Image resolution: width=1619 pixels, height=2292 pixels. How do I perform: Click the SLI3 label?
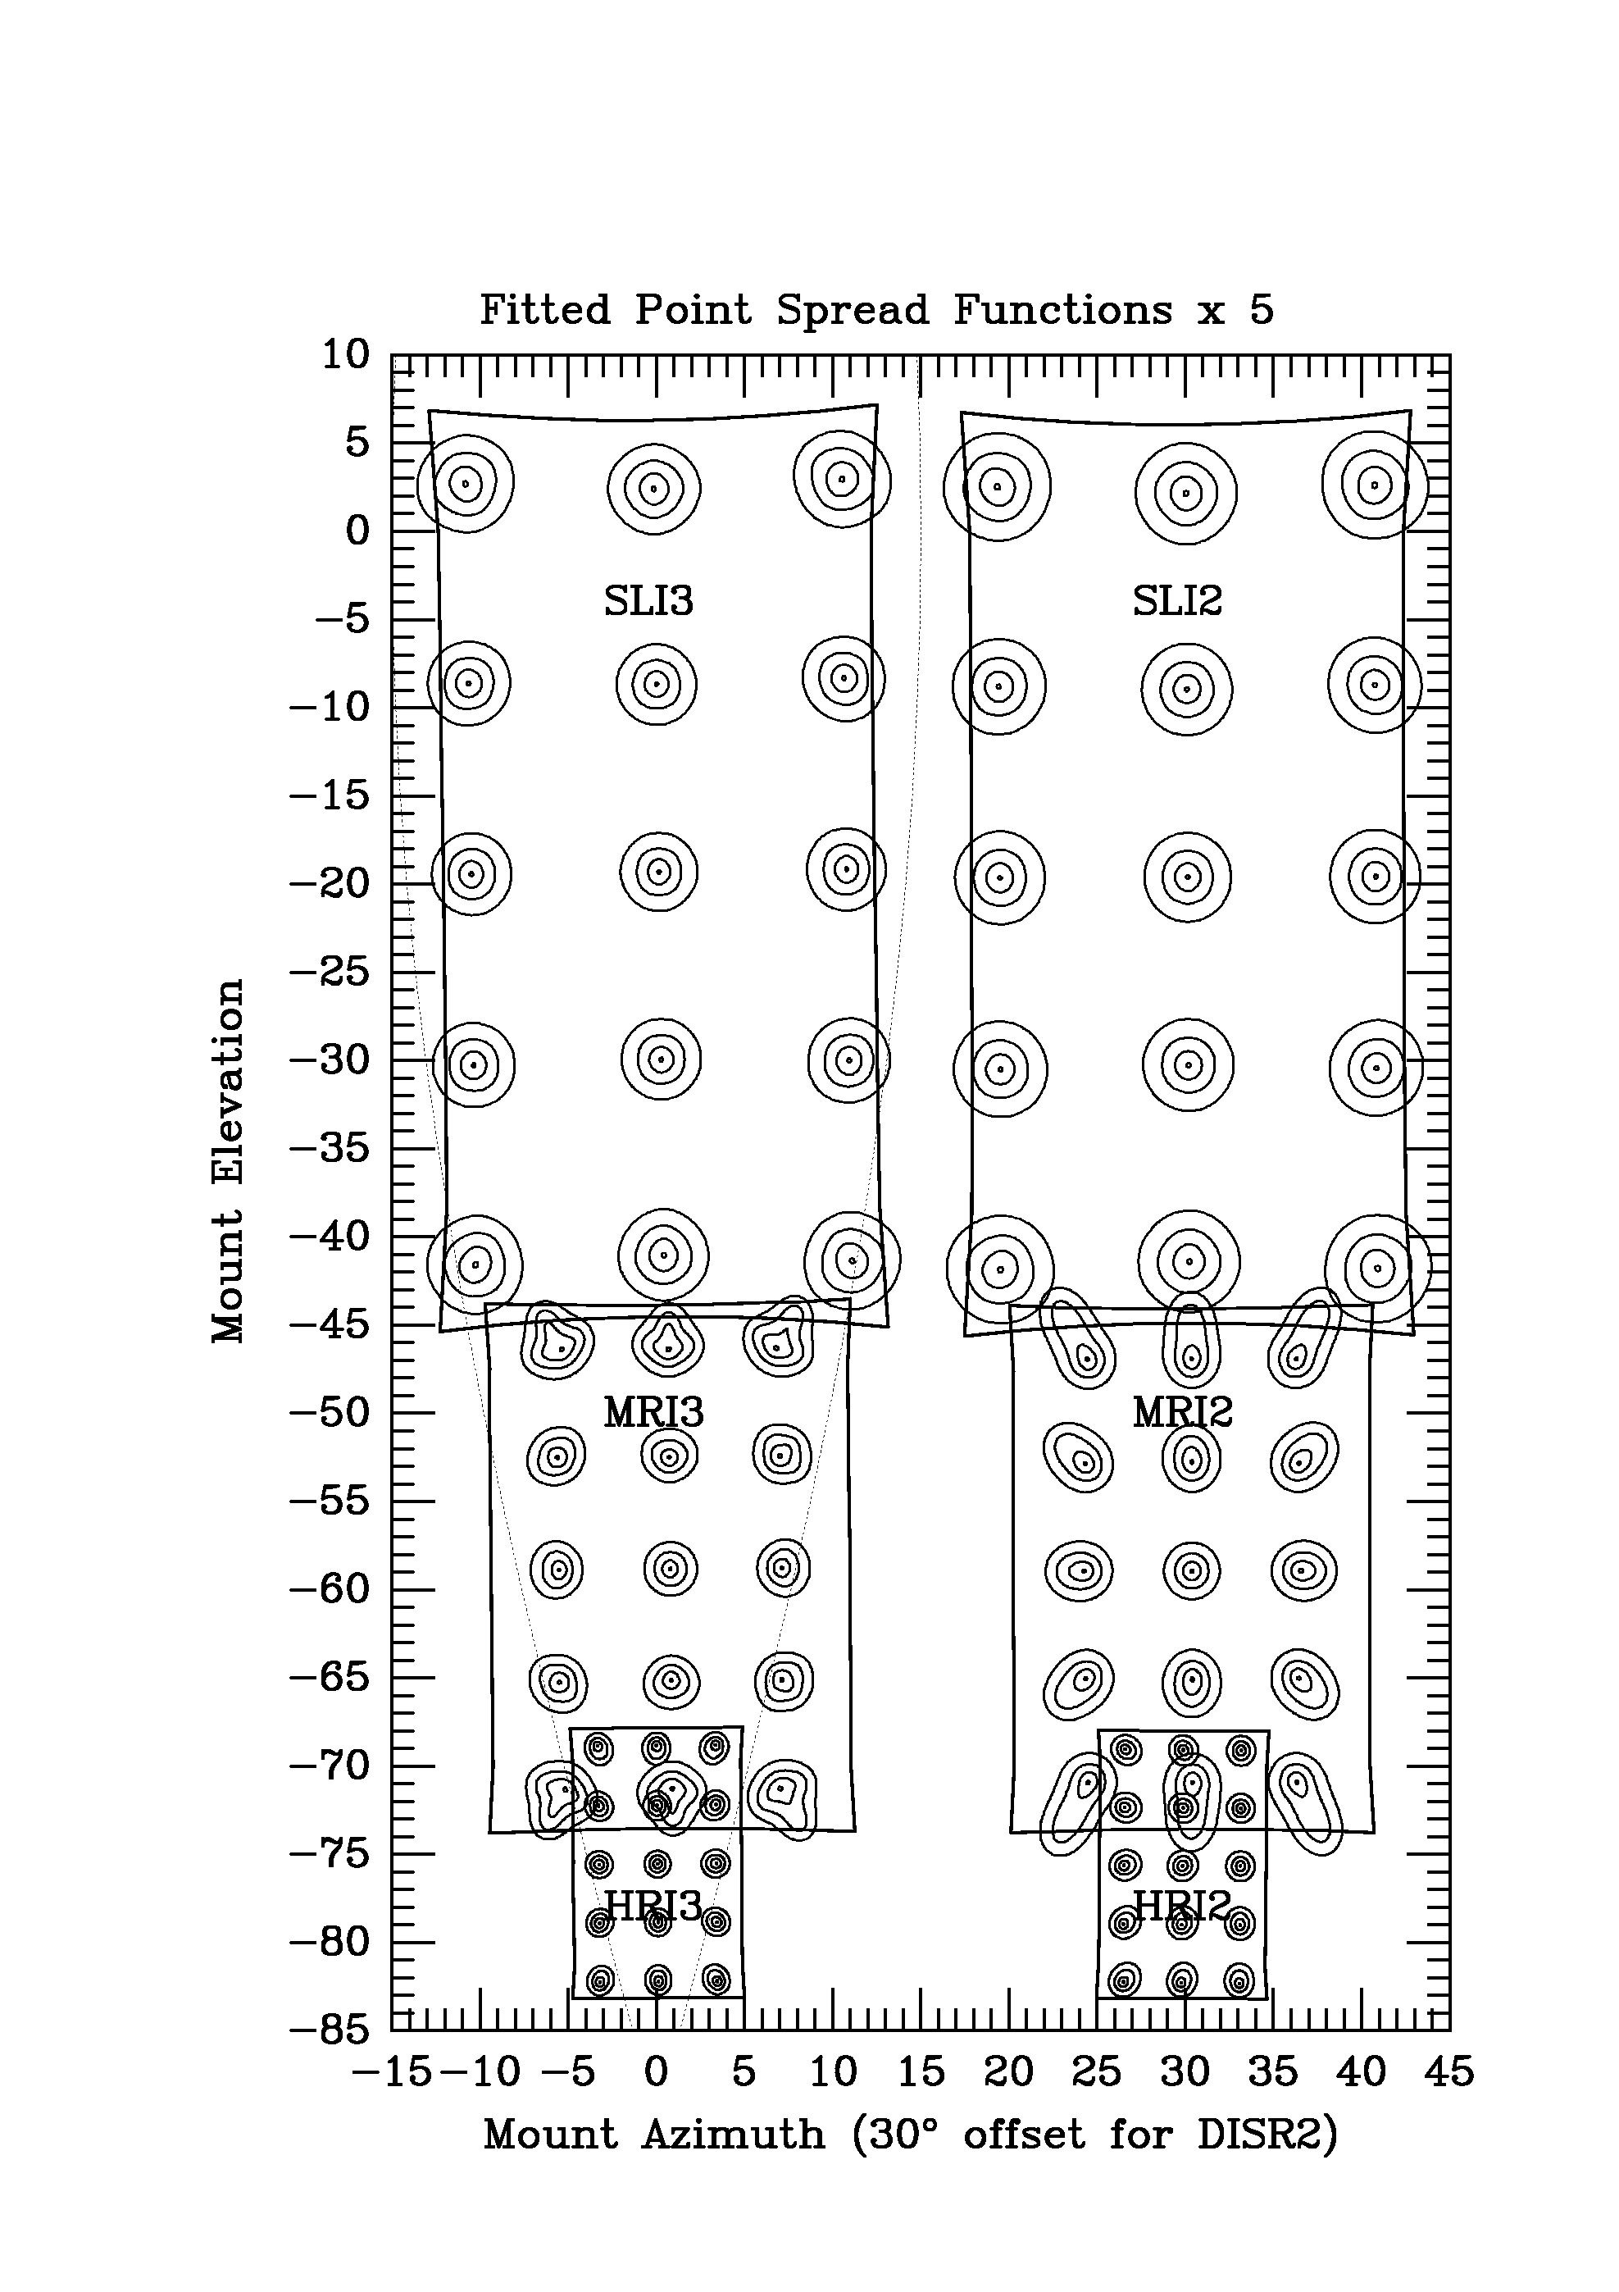pyautogui.click(x=648, y=601)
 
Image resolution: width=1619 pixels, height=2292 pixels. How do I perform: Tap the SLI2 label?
pyautogui.click(x=1177, y=601)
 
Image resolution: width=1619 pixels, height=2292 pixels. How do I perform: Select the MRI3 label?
pyautogui.click(x=654, y=1413)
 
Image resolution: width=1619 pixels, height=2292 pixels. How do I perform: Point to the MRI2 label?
pyautogui.click(x=1183, y=1413)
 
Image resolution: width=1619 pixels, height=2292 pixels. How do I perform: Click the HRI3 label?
pyautogui.click(x=654, y=1907)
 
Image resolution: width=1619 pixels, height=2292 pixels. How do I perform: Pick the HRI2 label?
pyautogui.click(x=1183, y=1907)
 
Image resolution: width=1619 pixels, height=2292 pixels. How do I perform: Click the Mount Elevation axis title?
pyautogui.click(x=229, y=1161)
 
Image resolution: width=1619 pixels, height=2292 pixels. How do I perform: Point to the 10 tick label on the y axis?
pyautogui.click(x=344, y=354)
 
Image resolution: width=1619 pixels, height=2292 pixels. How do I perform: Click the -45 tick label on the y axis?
pyautogui.click(x=330, y=1324)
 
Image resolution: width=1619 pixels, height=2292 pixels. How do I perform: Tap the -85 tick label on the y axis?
pyautogui.click(x=330, y=2030)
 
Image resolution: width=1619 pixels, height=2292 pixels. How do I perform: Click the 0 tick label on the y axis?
pyautogui.click(x=357, y=530)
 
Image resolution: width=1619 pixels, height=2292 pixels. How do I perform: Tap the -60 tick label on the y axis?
pyautogui.click(x=330, y=1589)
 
